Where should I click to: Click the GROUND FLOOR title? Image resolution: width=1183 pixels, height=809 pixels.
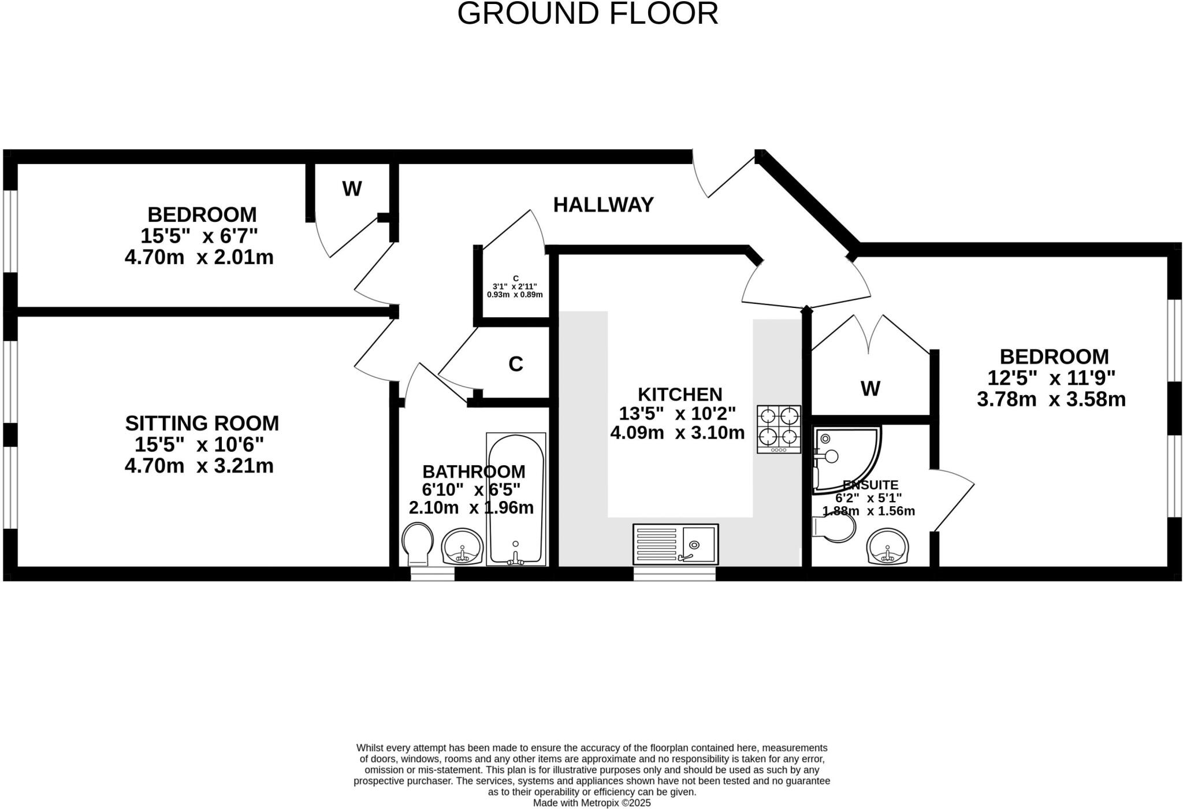tap(587, 14)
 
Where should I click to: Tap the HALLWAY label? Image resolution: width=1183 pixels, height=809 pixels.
tap(603, 205)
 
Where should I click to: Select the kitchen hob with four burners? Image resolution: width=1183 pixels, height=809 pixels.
tap(779, 429)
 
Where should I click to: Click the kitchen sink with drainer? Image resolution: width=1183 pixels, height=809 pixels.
tap(675, 544)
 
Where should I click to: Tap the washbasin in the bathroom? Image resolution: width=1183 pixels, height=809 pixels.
tap(462, 547)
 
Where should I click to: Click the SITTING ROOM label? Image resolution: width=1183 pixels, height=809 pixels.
tap(202, 424)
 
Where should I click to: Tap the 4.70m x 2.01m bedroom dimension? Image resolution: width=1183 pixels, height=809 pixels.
tap(199, 257)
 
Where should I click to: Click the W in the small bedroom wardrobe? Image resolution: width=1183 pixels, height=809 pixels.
tap(352, 188)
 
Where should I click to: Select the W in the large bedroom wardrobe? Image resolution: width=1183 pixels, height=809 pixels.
tap(870, 389)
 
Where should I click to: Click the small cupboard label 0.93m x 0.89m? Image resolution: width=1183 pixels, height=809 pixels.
tap(515, 295)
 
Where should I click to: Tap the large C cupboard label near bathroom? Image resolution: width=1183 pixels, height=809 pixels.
tap(515, 364)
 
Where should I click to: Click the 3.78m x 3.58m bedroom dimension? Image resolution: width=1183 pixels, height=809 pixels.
tap(1051, 399)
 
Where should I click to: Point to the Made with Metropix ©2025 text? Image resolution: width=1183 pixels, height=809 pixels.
tap(591, 803)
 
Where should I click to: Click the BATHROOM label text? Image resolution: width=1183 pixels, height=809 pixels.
tap(474, 472)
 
